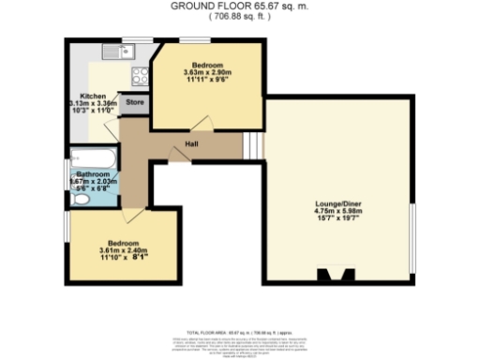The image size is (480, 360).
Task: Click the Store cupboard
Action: [134, 102]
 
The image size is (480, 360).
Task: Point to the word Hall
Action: [190, 143]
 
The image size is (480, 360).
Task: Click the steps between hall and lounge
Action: [252, 145]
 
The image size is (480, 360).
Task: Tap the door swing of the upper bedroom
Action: [200, 122]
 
